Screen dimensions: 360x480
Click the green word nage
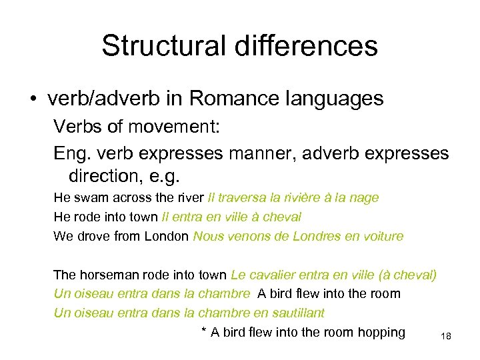click(x=365, y=197)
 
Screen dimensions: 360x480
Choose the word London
click(x=167, y=236)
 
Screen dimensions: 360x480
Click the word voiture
click(x=380, y=236)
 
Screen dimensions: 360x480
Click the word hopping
click(x=381, y=333)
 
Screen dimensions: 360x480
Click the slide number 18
click(x=446, y=337)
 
